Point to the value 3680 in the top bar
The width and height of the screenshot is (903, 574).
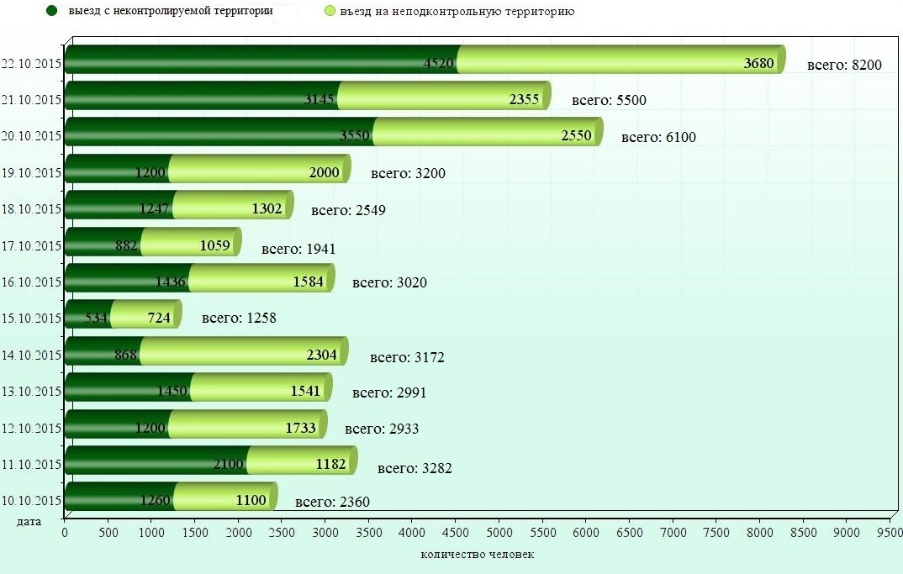tap(759, 64)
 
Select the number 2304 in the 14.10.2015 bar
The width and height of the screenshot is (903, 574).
tap(322, 355)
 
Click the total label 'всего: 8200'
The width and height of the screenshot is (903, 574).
tap(843, 64)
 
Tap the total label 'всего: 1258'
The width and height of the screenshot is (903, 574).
tap(239, 319)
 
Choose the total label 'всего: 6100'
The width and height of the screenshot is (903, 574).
tap(658, 137)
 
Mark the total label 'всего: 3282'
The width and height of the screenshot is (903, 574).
tap(415, 468)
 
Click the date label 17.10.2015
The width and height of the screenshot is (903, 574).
tap(32, 246)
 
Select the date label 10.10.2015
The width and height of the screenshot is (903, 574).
tap(32, 500)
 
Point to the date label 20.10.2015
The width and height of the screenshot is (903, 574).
tap(32, 136)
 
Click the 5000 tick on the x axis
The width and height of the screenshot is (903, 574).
tap(499, 532)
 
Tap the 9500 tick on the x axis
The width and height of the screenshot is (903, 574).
tap(890, 532)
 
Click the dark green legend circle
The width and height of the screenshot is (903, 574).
tap(52, 11)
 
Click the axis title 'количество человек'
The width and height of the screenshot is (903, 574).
tap(477, 555)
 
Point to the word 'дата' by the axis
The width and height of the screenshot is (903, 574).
tap(29, 522)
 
